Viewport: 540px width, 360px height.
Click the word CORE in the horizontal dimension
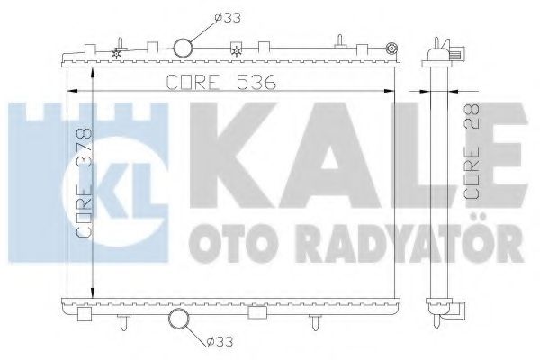point(193,82)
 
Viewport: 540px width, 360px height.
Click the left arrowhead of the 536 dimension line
point(73,90)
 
